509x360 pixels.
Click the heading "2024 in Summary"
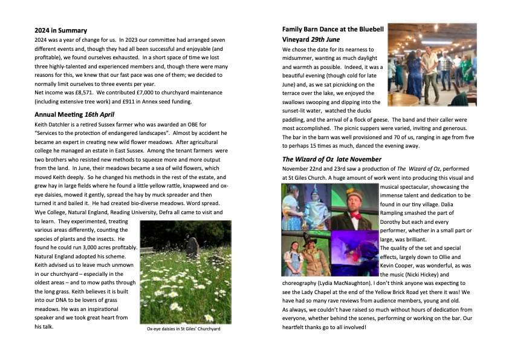point(61,30)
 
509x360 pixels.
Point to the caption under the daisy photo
point(184,329)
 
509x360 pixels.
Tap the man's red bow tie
point(355,214)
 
